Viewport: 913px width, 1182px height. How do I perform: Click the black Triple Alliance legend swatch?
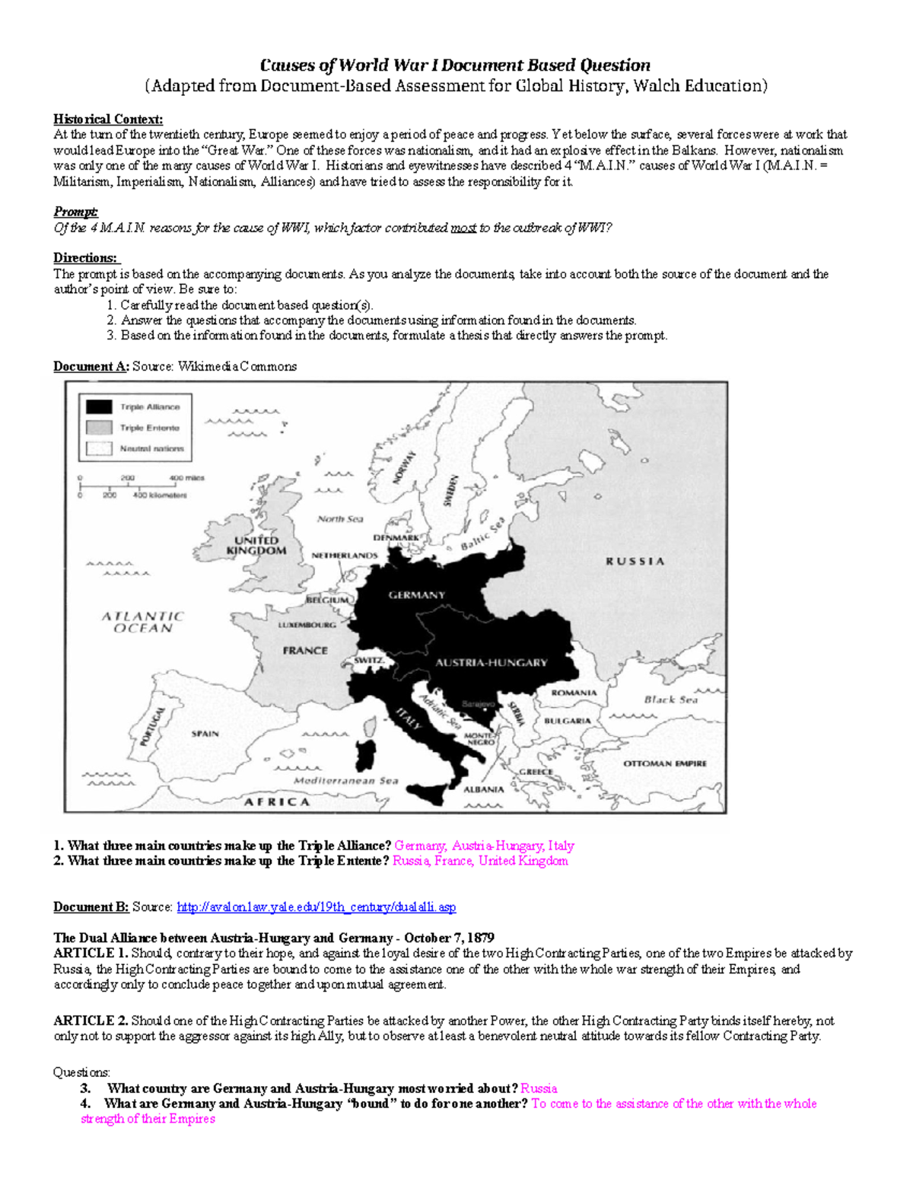99,407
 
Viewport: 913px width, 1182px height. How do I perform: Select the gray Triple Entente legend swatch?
99,428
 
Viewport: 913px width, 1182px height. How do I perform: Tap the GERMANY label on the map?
416,595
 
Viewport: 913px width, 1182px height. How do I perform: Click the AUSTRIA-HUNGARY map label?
491,663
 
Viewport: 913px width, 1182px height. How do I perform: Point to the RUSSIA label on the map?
635,562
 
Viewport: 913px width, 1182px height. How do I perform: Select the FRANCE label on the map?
305,651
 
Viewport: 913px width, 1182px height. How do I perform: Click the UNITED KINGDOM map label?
256,546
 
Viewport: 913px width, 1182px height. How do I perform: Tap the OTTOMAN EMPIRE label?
665,763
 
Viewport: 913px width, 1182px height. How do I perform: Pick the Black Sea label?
670,699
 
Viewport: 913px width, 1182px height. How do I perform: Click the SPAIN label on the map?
205,734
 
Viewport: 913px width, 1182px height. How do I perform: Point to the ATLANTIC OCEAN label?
143,622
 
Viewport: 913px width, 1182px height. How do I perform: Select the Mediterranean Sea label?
345,781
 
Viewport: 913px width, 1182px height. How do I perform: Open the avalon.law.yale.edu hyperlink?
316,907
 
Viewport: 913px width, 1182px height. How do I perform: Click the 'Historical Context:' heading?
107,119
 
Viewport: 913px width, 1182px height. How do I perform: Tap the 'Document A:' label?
91,367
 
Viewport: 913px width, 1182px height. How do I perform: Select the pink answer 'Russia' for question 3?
539,1088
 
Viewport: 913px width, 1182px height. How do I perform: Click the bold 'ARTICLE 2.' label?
91,1021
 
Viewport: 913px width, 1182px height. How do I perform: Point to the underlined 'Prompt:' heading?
75,212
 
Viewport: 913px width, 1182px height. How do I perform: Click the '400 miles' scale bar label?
186,478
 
